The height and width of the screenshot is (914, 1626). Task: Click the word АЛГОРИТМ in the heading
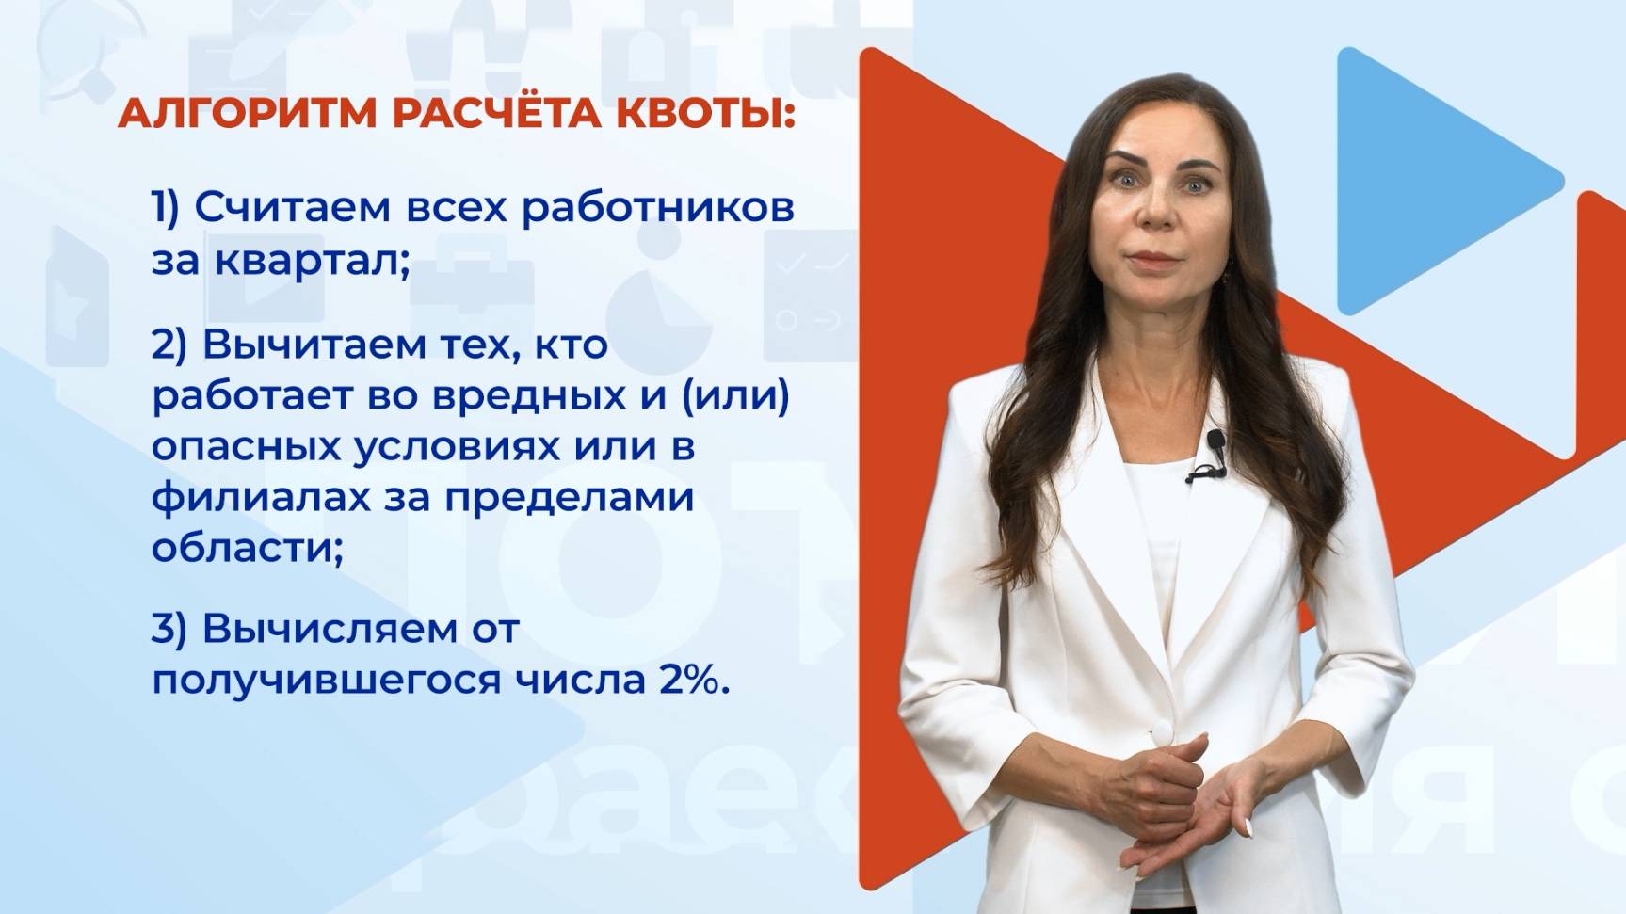click(x=244, y=115)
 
